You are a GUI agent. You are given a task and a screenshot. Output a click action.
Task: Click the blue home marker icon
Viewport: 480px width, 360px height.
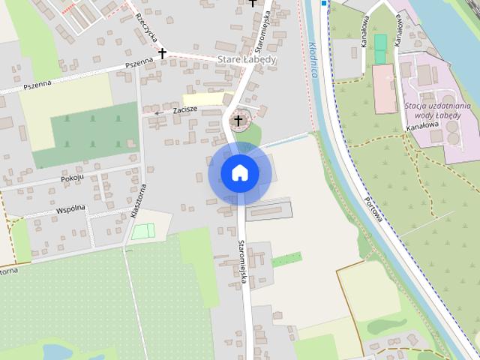pyautogui.click(x=239, y=173)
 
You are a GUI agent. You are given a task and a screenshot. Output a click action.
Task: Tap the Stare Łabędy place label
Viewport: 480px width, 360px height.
pyautogui.click(x=247, y=59)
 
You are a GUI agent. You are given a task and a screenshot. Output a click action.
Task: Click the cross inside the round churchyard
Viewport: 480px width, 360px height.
pyautogui.click(x=239, y=120)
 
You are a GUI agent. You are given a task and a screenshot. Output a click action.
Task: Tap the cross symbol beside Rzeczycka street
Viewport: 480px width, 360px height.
pyautogui.click(x=162, y=53)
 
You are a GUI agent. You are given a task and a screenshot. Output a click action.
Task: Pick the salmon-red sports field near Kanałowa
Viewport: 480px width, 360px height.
pyautogui.click(x=384, y=88)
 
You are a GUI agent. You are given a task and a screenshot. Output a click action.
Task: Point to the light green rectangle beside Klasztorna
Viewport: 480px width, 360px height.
pyautogui.click(x=142, y=231)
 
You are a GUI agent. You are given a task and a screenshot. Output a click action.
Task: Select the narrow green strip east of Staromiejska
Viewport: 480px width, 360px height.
pyautogui.click(x=286, y=259)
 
